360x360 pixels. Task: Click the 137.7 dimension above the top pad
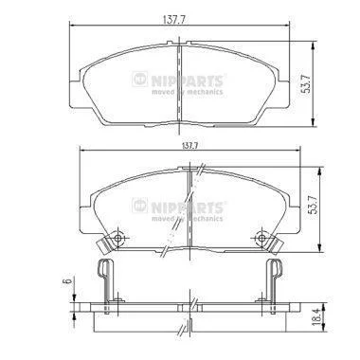pyautogui.click(x=173, y=20)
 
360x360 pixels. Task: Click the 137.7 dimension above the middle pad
pyautogui.click(x=189, y=146)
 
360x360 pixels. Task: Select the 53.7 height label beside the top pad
pyautogui.click(x=306, y=83)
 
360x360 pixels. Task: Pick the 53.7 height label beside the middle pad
pyautogui.click(x=314, y=205)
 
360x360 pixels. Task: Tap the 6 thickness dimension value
pyautogui.click(x=66, y=281)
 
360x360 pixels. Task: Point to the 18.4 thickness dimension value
pyautogui.click(x=316, y=319)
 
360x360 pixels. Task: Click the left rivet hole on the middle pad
pyautogui.click(x=117, y=238)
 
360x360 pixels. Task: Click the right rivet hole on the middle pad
pyautogui.click(x=261, y=238)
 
